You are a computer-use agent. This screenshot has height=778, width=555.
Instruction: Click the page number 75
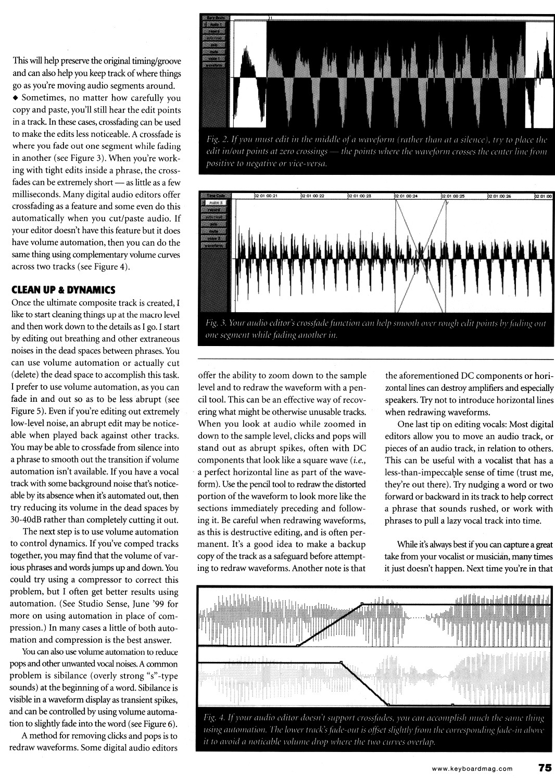pyautogui.click(x=545, y=767)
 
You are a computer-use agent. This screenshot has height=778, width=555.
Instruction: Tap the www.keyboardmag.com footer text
pyautogui.click(x=472, y=768)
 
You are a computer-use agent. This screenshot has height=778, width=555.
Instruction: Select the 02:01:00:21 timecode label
pyautogui.click(x=266, y=196)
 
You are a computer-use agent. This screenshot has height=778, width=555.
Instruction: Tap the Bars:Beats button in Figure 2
pyautogui.click(x=215, y=18)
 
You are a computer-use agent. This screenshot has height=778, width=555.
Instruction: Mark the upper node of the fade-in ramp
pyautogui.click(x=362, y=604)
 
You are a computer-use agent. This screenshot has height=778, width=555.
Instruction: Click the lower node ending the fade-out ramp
pyautogui.click(x=388, y=704)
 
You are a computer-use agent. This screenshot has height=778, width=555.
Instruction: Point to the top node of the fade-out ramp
pyautogui.click(x=341, y=662)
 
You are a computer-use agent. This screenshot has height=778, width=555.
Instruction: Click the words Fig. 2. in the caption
pyautogui.click(x=216, y=141)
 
